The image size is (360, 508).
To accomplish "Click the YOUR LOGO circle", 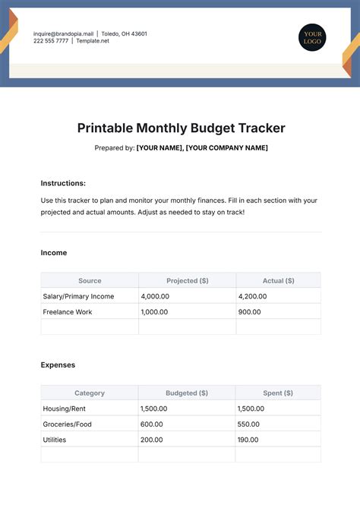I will [x=311, y=38].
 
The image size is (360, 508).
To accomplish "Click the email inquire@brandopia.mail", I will [x=63, y=34].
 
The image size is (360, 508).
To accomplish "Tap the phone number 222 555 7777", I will [x=50, y=42].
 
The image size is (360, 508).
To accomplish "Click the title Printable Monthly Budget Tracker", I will [x=181, y=128].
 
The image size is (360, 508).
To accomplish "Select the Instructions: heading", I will [x=63, y=183].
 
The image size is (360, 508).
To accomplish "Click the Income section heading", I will [x=54, y=253].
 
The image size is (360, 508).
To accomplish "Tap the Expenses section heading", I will [x=58, y=365].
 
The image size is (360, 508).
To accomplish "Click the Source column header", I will [x=90, y=281].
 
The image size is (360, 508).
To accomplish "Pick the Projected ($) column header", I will [x=187, y=281].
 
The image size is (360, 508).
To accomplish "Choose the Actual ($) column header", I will [x=278, y=281].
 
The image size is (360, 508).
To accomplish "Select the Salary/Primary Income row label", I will [x=78, y=296].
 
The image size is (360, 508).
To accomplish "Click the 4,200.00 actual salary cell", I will [x=254, y=296].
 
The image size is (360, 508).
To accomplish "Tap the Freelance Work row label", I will [x=68, y=311].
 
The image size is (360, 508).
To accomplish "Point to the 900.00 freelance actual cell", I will [x=249, y=311].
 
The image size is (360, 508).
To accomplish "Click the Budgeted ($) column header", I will [x=187, y=393].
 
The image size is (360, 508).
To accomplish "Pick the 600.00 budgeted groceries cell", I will [x=152, y=424].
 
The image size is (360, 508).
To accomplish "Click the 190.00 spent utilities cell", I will [x=249, y=440].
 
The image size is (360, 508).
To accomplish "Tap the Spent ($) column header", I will [x=278, y=393].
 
